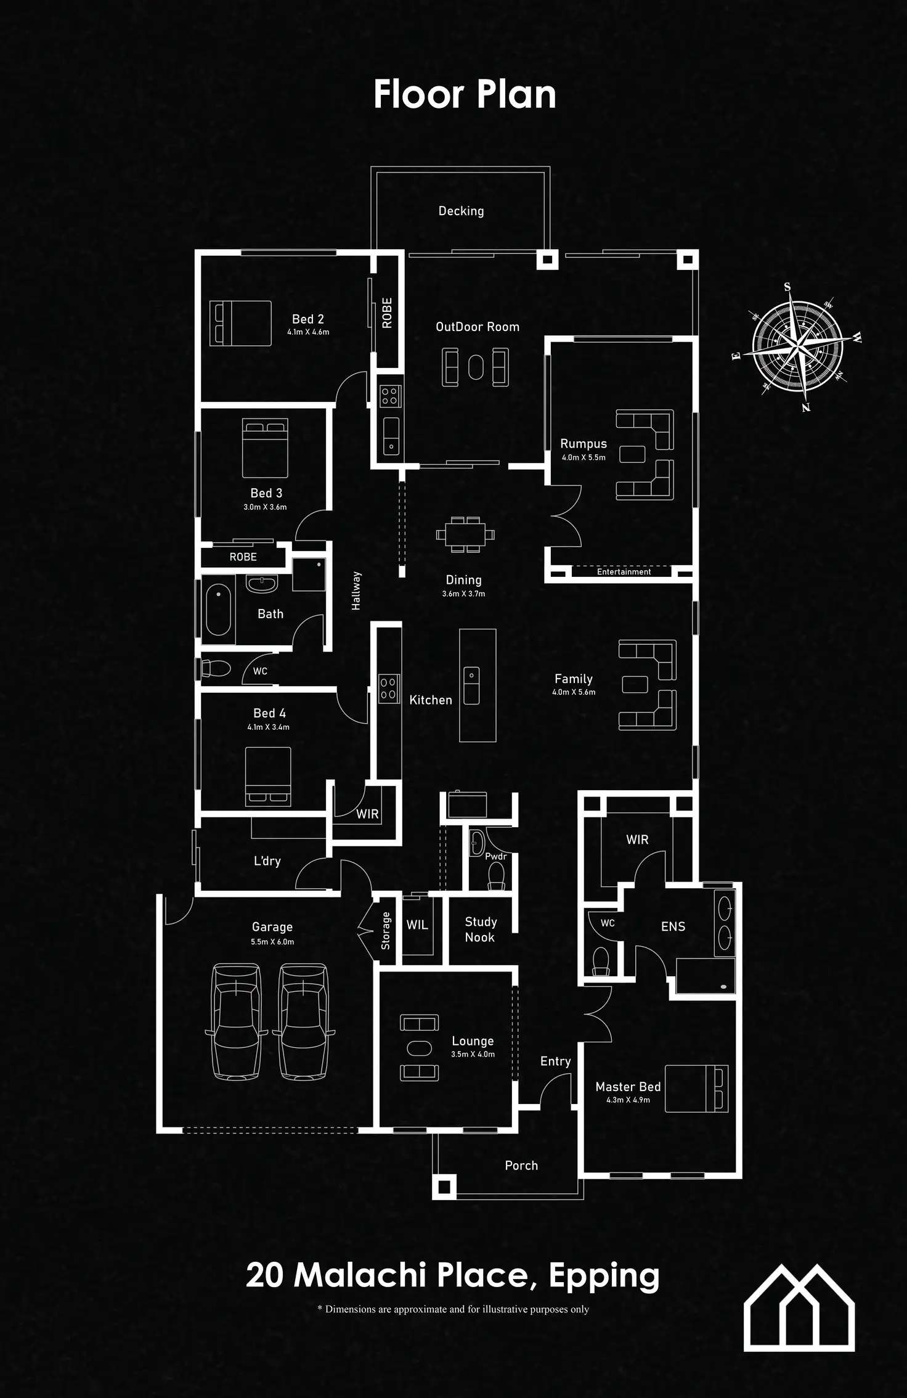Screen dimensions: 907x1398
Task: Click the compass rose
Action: pyautogui.click(x=797, y=348)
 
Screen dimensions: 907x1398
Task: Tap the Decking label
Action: pyautogui.click(x=461, y=211)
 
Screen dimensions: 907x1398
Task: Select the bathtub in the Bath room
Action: pyautogui.click(x=218, y=611)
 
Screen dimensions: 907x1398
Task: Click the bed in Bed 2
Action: pyautogui.click(x=240, y=323)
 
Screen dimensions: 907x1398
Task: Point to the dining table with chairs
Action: pyautogui.click(x=465, y=534)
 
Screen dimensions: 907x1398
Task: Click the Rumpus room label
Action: pyautogui.click(x=583, y=444)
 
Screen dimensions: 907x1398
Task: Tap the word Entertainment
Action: pyautogui.click(x=624, y=572)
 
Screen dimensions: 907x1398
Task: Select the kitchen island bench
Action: pyautogui.click(x=478, y=685)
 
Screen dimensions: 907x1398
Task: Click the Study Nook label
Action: pyautogui.click(x=480, y=929)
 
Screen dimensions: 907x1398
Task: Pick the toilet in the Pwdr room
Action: pyautogui.click(x=496, y=876)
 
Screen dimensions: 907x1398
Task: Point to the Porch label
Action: pyautogui.click(x=521, y=1165)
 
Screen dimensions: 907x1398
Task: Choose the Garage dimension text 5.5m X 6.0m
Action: pyautogui.click(x=272, y=941)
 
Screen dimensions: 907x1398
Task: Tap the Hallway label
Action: pyautogui.click(x=356, y=591)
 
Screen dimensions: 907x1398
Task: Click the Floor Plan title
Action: pyautogui.click(x=465, y=95)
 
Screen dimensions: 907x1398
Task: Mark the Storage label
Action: pyautogui.click(x=386, y=930)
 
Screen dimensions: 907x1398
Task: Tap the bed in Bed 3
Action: pyautogui.click(x=265, y=448)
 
